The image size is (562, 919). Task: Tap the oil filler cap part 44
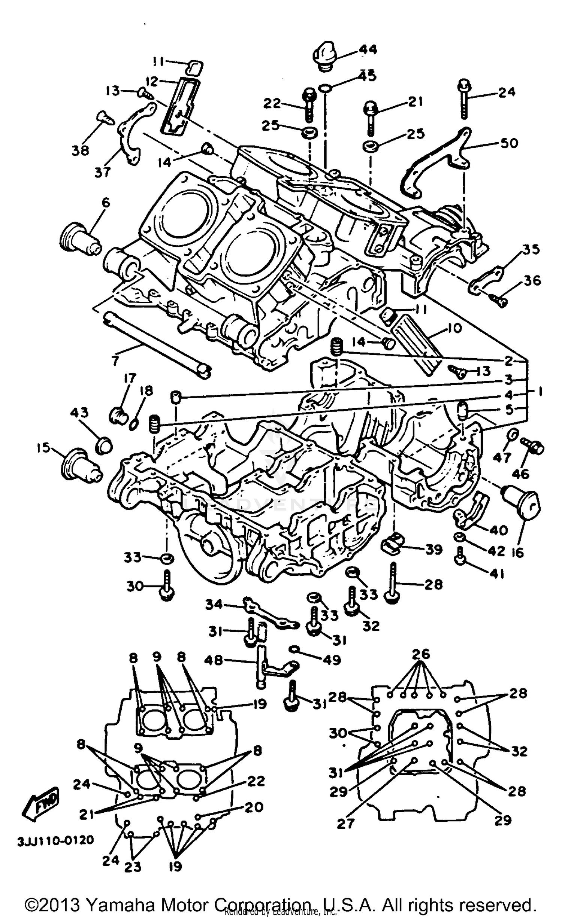[324, 56]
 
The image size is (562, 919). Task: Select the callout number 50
[509, 143]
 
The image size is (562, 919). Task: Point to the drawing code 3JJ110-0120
[55, 840]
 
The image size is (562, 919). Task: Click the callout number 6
[106, 203]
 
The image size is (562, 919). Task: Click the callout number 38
[81, 150]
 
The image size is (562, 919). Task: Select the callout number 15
[43, 447]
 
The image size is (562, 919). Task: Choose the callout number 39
[434, 550]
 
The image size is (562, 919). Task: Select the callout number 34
[214, 605]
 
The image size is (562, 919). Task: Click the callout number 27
[345, 823]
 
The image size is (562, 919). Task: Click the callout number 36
[532, 280]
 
